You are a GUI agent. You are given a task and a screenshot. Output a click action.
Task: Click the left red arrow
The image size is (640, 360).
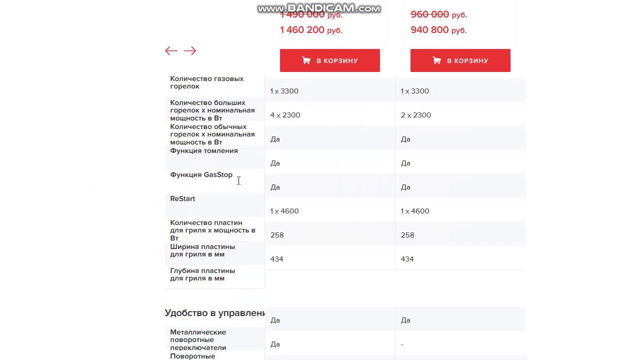tap(171, 50)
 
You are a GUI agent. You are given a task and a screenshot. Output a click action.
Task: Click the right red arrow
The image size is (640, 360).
tap(189, 50)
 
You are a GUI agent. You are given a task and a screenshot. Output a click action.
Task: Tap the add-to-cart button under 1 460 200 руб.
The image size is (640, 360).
tap(329, 60)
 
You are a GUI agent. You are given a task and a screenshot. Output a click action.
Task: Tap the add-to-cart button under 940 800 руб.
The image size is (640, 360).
tap(460, 60)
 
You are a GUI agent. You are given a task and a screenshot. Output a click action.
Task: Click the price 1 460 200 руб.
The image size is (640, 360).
tap(311, 30)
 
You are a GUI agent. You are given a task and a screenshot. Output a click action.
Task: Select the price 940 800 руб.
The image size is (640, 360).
tap(438, 30)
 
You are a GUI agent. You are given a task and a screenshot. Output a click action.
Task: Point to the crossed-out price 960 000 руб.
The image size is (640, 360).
tap(438, 15)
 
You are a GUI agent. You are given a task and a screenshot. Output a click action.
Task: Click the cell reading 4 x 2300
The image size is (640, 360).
tap(285, 115)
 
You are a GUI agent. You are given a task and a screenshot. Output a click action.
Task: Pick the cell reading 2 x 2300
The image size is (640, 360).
tap(416, 115)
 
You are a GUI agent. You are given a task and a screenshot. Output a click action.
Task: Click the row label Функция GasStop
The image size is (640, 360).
tap(201, 174)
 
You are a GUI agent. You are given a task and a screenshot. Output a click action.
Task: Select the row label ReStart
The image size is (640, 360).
tap(182, 198)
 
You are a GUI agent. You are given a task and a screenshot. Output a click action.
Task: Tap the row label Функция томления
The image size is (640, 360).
tap(204, 150)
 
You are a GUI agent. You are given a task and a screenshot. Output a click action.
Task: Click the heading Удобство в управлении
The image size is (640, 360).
tap(214, 313)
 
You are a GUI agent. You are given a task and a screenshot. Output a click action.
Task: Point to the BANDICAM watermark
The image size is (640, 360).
tap(319, 8)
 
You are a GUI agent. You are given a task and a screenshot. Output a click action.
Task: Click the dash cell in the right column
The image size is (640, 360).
tap(402, 344)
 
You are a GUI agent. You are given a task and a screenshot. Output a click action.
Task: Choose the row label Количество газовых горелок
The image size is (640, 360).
tap(206, 82)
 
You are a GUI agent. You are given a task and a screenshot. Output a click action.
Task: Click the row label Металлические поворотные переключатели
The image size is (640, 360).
tap(198, 339)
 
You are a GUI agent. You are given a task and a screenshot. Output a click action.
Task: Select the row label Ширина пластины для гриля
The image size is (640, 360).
tap(202, 250)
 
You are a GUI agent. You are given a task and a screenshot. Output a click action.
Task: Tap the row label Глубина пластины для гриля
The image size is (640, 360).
tap(202, 274)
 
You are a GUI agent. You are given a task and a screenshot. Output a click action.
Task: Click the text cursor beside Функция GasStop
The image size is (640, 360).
tap(238, 180)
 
